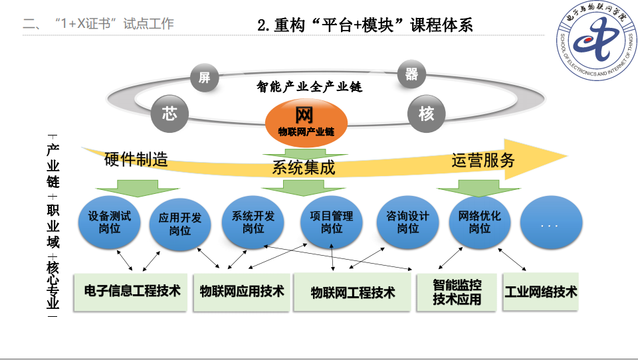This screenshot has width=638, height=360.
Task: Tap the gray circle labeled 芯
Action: (x=169, y=114)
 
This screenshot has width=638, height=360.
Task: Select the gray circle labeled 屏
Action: (x=204, y=78)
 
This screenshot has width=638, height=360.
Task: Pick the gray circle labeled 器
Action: (x=412, y=74)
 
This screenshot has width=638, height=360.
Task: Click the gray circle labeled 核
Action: (x=426, y=114)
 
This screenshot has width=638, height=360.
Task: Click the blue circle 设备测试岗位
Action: (x=110, y=222)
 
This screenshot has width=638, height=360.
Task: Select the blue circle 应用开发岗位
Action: (x=180, y=224)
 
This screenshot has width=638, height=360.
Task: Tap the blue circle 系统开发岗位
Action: (x=253, y=222)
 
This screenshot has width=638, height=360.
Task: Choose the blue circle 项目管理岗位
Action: (x=332, y=222)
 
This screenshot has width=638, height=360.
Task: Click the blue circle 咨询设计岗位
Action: (x=407, y=222)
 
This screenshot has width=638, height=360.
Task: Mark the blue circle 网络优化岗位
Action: (x=479, y=222)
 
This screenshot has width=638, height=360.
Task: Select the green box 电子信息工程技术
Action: (x=132, y=292)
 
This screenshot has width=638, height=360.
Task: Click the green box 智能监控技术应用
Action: (x=457, y=292)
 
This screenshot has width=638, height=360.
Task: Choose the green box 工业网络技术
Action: (x=540, y=292)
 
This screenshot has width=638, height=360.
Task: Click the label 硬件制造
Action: (x=136, y=160)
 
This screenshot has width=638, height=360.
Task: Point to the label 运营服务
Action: (x=483, y=160)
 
